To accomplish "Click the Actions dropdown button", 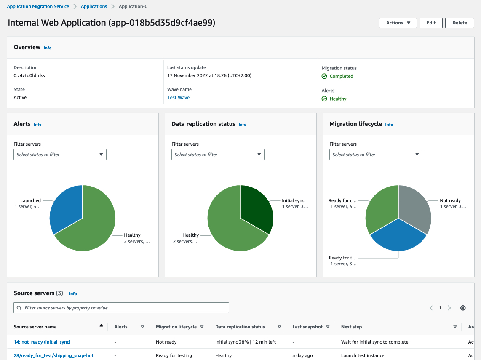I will point(398,23).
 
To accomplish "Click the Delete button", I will point(460,23).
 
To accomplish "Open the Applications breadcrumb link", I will point(94,6).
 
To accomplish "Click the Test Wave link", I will point(179,97).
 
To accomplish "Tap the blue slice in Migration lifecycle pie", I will point(398,236).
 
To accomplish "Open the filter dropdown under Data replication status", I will point(218,155).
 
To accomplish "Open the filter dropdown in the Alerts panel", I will point(60,155).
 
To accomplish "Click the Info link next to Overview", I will point(48,48).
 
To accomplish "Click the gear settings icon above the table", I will point(463,308).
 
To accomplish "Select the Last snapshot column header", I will point(307,327).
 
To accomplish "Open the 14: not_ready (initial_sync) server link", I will point(42,342).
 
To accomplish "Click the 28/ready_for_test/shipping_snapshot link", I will point(53,355).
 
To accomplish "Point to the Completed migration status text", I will point(341,76).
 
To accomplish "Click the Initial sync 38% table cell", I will point(246,342).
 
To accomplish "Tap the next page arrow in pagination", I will point(449,308).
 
